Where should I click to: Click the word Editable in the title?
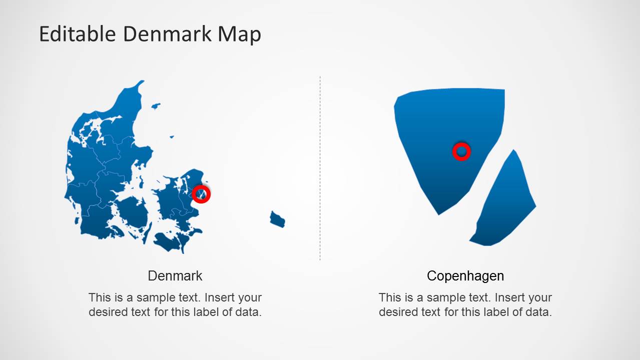pyautogui.click(x=78, y=34)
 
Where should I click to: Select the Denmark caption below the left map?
pyautogui.click(x=175, y=275)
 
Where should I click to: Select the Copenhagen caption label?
pyautogui.click(x=465, y=275)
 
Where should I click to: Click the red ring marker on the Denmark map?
pyautogui.click(x=201, y=193)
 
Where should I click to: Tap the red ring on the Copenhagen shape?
pyautogui.click(x=461, y=151)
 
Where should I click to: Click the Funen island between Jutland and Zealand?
pyautogui.click(x=133, y=212)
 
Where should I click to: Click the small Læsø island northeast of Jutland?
pyautogui.click(x=156, y=106)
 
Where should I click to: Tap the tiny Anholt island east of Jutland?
pyautogui.click(x=172, y=136)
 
